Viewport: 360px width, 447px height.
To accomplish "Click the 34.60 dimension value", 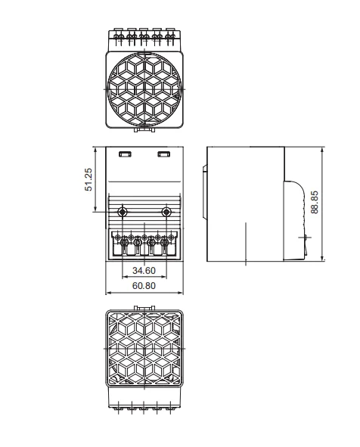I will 144,270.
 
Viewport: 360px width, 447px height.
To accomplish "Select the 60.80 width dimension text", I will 144,287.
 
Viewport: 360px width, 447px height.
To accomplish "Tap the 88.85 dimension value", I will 315,202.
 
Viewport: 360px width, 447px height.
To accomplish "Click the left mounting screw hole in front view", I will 124,210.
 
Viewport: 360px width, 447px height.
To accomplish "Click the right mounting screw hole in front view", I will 166,210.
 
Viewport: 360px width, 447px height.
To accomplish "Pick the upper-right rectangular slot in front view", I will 163,154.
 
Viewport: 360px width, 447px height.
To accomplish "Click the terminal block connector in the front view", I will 144,244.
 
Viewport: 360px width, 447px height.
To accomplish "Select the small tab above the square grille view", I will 144,308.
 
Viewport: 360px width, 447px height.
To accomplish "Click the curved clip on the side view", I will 297,219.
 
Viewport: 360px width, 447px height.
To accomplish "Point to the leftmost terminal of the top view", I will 117,35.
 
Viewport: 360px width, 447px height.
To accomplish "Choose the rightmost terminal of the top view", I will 172,35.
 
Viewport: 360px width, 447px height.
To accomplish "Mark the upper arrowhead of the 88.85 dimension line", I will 323,149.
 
